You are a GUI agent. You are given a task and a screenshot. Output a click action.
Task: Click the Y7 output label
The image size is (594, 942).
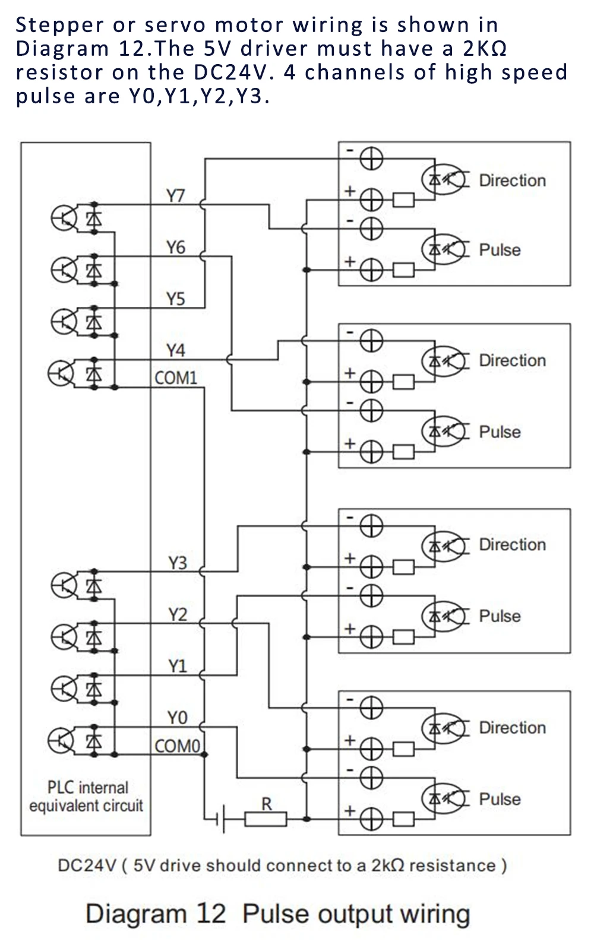point(176,196)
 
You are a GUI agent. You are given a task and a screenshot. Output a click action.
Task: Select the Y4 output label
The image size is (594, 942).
point(176,350)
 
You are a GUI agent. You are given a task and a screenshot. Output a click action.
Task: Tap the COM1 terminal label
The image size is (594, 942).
point(176,378)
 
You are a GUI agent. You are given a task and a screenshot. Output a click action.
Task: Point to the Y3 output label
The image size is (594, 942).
point(177,563)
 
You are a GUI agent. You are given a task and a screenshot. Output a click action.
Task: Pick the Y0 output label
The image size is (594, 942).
point(177,718)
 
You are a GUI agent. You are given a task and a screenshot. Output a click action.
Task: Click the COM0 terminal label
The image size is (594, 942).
point(177,747)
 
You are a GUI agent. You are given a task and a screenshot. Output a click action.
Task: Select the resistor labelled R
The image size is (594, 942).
point(266,819)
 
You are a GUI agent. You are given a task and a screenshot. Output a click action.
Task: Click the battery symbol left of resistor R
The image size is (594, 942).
point(220,819)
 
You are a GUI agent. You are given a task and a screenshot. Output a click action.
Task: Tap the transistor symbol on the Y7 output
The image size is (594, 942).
point(64,218)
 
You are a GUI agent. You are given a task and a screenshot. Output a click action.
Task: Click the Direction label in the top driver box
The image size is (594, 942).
point(513,181)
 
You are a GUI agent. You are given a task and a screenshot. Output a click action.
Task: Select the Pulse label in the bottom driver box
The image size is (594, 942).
point(500,799)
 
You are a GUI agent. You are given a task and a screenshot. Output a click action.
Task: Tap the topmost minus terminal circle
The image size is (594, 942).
point(371,159)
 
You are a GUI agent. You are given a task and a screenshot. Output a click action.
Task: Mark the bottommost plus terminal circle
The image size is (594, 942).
point(371,819)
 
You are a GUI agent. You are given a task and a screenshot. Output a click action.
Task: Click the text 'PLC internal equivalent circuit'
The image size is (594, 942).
point(86,797)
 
